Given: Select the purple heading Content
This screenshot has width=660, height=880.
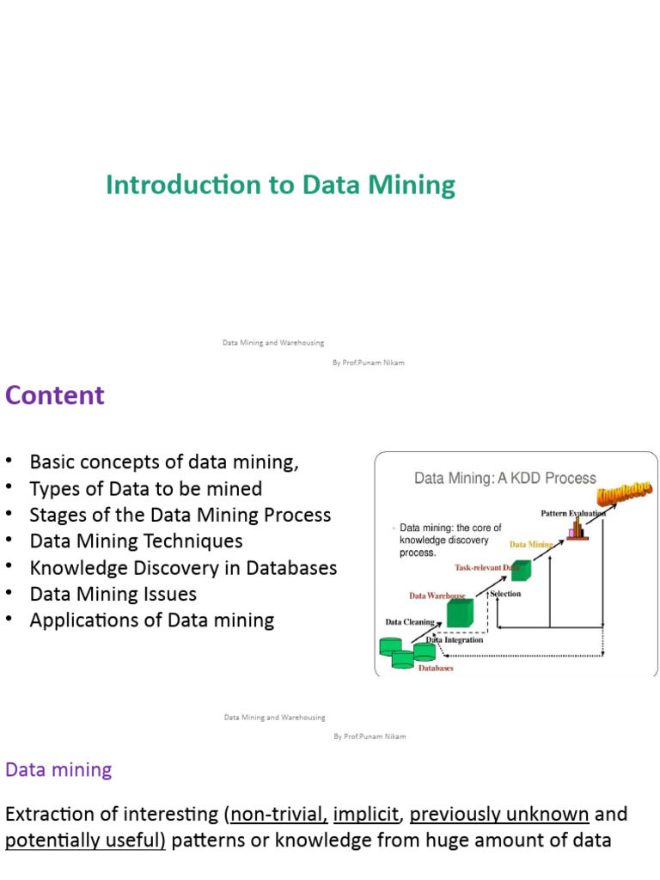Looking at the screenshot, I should (55, 395).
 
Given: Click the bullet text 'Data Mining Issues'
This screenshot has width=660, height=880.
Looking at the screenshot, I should (113, 594).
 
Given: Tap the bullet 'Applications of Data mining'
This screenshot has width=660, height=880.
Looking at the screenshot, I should (152, 620).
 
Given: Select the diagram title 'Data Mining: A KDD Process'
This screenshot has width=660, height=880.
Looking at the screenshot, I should (505, 478).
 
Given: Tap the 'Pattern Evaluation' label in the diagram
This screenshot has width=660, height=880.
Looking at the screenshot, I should (572, 513).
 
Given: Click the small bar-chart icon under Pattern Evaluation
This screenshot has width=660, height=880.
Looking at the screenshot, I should (577, 528).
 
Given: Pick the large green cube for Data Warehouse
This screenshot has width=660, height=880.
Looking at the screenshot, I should (460, 613).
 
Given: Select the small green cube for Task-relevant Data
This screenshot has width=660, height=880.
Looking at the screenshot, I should (521, 569).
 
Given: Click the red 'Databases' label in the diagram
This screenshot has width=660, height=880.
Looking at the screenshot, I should (437, 668).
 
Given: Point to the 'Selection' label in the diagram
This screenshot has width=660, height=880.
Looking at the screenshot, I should (505, 594).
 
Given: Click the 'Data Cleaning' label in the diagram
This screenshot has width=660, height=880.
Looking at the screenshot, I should (409, 621).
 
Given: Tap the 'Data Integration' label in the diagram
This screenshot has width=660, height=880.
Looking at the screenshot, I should (455, 639).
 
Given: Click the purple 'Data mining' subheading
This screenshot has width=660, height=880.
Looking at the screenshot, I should (58, 769).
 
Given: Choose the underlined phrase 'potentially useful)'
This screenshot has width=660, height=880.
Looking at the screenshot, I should (85, 840).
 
